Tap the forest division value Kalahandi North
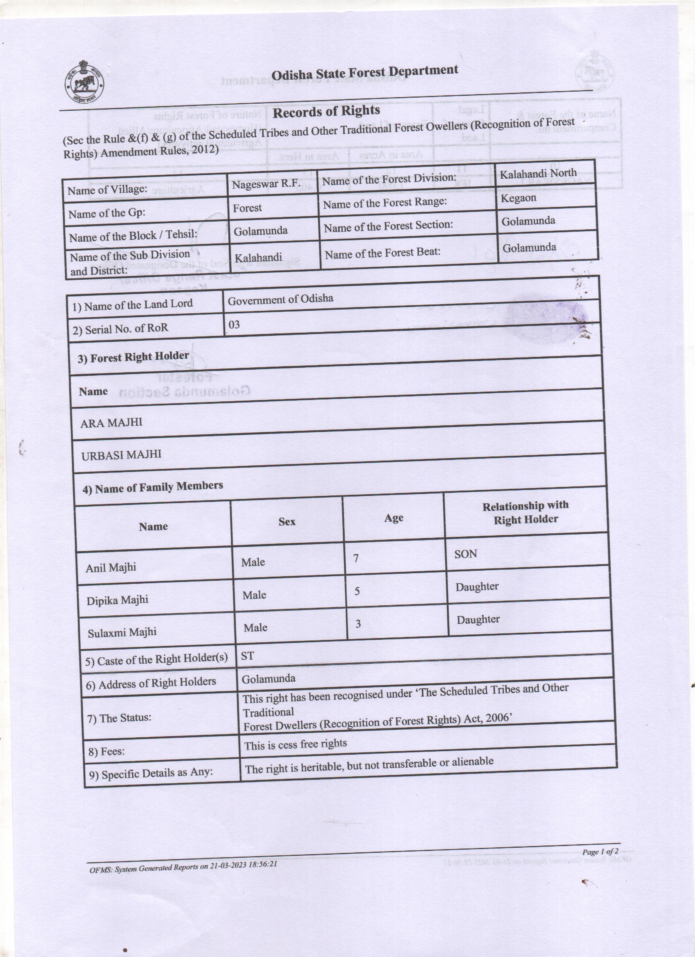click(x=538, y=173)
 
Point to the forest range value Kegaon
click(x=518, y=198)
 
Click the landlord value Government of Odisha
click(x=280, y=299)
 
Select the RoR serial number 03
click(x=234, y=324)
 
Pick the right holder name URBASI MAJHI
click(x=121, y=455)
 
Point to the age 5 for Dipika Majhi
click(x=357, y=591)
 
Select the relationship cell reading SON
click(x=466, y=554)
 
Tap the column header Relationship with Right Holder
click(x=525, y=513)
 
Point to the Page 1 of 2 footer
click(x=600, y=851)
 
